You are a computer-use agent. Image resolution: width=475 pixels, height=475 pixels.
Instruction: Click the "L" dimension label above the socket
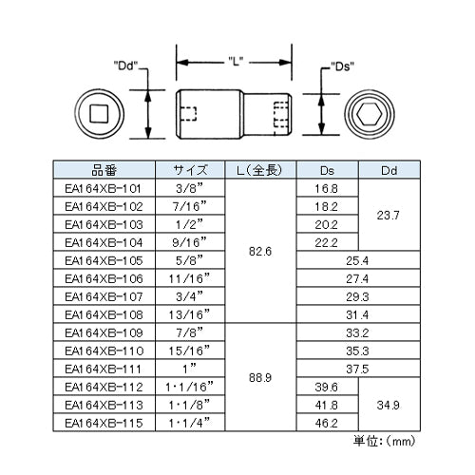pyautogui.click(x=236, y=62)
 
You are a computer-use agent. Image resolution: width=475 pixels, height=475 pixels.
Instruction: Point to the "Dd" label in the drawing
pyautogui.click(x=125, y=66)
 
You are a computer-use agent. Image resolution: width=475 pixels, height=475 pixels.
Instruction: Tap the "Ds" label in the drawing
pyautogui.click(x=342, y=66)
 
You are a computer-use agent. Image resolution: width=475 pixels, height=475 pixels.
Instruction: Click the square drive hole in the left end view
pyautogui.click(x=99, y=114)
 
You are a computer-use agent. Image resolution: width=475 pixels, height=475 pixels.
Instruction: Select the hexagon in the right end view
pyautogui.click(x=370, y=114)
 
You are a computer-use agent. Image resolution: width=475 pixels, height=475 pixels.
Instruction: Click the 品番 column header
pyautogui.click(x=104, y=170)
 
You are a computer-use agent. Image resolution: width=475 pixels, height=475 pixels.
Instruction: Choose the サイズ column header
pyautogui.click(x=190, y=170)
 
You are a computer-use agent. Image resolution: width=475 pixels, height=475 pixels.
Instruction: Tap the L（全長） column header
pyautogui.click(x=260, y=170)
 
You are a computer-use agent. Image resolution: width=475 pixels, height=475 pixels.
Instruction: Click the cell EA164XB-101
pyautogui.click(x=103, y=189)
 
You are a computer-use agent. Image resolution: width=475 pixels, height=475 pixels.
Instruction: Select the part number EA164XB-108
pyautogui.click(x=104, y=315)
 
